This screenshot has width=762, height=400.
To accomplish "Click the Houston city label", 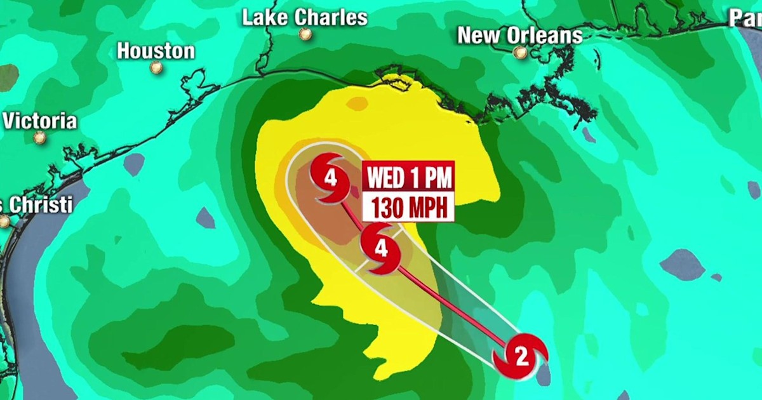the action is pos(156,51).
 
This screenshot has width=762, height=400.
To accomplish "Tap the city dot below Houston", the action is pos(156,67).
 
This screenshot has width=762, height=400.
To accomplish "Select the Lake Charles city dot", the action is pos(305,34).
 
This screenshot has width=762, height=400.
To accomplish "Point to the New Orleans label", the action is pos(519,36).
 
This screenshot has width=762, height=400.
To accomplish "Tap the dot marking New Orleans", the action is pos(521,53).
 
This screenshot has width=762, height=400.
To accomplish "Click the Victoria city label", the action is pos(40,121).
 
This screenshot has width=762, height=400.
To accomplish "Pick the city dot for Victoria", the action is pos(40,137).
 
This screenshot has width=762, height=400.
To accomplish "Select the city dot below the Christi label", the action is pos(4,222).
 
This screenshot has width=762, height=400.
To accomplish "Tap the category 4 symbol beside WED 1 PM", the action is pos(330,178).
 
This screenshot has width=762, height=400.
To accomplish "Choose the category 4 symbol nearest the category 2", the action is pos(380,249).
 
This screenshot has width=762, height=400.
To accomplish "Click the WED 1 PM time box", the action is pos(408,178).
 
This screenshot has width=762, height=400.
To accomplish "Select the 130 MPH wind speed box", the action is pos(408,208).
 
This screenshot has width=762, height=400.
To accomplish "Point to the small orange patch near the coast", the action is pos(357,103).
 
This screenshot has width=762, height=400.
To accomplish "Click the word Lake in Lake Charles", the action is pos(265,18).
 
